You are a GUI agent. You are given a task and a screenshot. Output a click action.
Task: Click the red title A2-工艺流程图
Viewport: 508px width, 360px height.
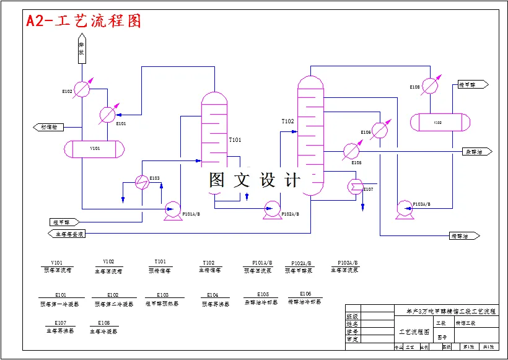pos(84,21)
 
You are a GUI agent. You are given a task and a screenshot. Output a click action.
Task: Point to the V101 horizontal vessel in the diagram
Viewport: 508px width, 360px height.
pos(95,149)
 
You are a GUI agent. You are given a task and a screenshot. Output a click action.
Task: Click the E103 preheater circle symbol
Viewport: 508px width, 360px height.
pos(142,182)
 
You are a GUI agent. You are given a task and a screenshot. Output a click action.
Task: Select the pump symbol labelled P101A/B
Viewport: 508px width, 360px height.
pos(171,211)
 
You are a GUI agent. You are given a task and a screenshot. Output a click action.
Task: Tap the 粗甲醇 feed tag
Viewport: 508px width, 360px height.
pos(64,222)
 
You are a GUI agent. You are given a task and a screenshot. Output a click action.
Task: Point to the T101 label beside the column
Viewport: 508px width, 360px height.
pos(235,140)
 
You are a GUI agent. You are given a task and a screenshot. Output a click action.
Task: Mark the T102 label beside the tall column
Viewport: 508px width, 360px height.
pos(287,121)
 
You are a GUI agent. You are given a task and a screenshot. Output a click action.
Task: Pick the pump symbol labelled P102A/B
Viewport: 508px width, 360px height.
pos(271,209)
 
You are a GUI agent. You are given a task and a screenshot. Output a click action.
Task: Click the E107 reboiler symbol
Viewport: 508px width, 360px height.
pos(356,185)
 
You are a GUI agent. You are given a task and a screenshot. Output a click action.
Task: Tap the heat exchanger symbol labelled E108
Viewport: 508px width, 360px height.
pos(431,86)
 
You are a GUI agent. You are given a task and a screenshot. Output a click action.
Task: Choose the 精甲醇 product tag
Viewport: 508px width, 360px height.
pos(472,84)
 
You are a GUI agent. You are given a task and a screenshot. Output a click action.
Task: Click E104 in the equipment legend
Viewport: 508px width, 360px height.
pos(212,295)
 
